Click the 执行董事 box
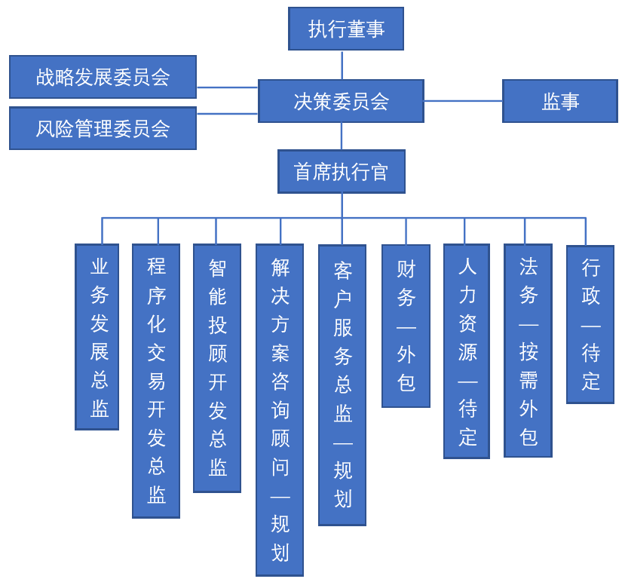[x=346, y=29]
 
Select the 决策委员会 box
[x=341, y=101]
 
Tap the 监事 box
[x=560, y=101]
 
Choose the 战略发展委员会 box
[x=103, y=77]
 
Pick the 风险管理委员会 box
[x=103, y=128]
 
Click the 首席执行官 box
[x=341, y=171]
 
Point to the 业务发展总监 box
[x=97, y=337]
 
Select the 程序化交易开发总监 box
[x=156, y=381]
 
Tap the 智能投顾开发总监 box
[x=217, y=368]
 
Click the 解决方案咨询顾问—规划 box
[x=280, y=409]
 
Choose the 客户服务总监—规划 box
[x=342, y=384]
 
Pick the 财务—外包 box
[x=406, y=326]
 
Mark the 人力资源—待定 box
[x=467, y=351]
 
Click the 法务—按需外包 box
[x=528, y=351]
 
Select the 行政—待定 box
[x=590, y=324]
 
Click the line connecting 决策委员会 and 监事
[x=463, y=101]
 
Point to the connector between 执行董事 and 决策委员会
[x=342, y=65]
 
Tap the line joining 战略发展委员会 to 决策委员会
[x=227, y=87]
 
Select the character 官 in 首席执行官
[x=379, y=172]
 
